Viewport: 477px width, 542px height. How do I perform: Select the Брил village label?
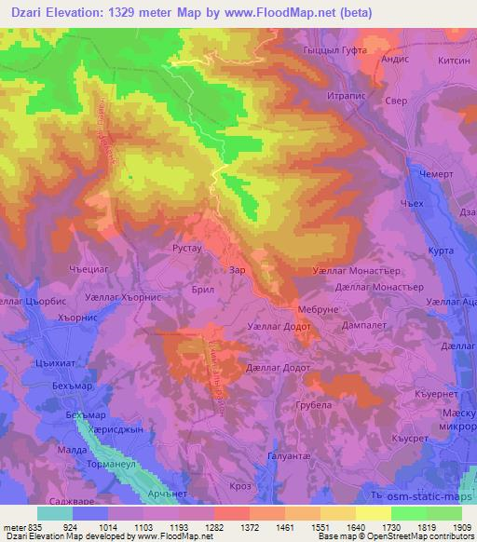click(x=204, y=290)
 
